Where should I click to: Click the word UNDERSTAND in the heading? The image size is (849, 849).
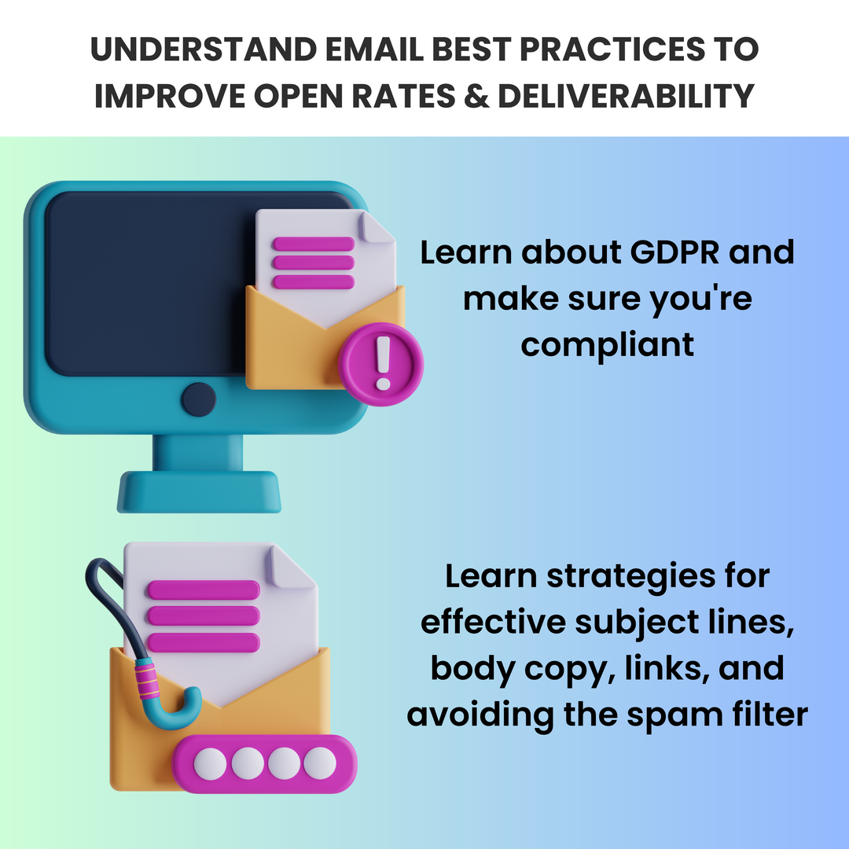click(x=203, y=50)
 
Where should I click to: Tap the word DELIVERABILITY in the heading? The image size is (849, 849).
click(x=626, y=96)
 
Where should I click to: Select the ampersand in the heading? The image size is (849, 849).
click(x=476, y=96)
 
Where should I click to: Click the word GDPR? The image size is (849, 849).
click(x=674, y=252)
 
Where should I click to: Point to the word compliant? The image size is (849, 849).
click(x=607, y=345)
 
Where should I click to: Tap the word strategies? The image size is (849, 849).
click(x=630, y=577)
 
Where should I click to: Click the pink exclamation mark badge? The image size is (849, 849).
click(x=381, y=364)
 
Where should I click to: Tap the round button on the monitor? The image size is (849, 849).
click(x=199, y=399)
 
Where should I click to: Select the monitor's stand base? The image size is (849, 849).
click(x=199, y=491)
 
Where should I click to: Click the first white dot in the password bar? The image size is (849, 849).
click(x=210, y=764)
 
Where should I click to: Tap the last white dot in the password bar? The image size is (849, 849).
click(x=320, y=763)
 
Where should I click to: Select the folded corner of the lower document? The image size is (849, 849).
click(x=292, y=566)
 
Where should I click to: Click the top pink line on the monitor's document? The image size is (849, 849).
click(x=314, y=244)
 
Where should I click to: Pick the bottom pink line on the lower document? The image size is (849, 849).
click(x=204, y=642)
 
